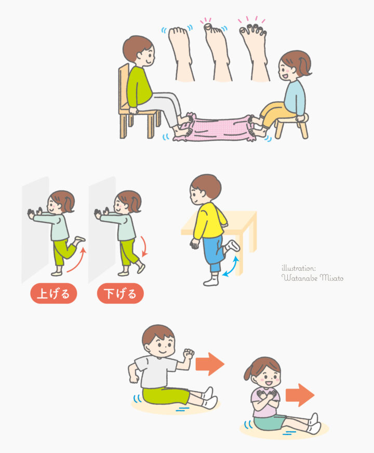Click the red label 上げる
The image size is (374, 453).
54,294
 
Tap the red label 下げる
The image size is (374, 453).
120,294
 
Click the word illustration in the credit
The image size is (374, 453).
299,268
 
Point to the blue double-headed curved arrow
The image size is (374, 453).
232,267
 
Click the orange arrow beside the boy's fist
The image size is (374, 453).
210,364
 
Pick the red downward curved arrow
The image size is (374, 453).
144,246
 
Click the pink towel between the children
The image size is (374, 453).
219,128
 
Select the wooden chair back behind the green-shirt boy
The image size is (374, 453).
123,87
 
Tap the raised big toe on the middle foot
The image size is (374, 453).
208,27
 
